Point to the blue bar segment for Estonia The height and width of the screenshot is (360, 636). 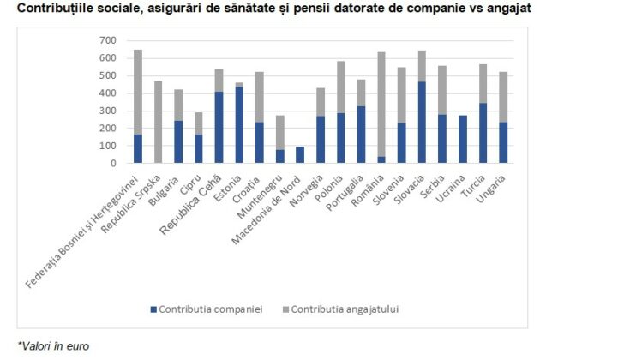coord(239,124)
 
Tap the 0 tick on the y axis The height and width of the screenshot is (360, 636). coord(112,163)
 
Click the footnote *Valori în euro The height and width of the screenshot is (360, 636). coord(53,346)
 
